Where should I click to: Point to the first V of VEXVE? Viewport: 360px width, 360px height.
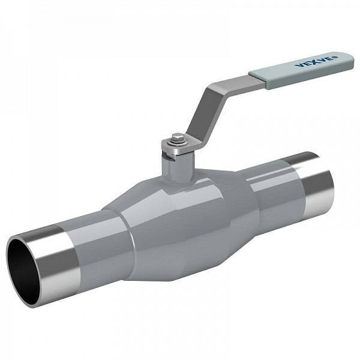[x=299, y=66]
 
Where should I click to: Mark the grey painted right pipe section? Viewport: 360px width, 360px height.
[x=273, y=189]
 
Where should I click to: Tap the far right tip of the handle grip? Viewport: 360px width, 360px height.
[x=350, y=62]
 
